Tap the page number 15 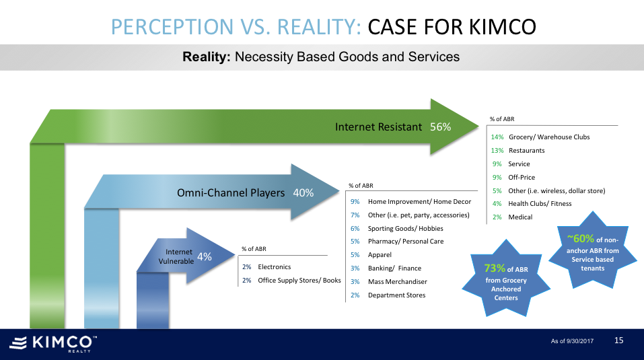(618, 340)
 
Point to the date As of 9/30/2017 (572, 341)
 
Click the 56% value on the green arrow (440, 127)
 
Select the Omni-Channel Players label (231, 193)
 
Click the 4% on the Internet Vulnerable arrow (205, 256)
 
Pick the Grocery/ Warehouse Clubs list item (549, 137)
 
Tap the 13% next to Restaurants (497, 151)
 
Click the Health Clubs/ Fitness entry (540, 204)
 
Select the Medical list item (520, 217)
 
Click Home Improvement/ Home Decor (419, 202)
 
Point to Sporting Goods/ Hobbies (405, 229)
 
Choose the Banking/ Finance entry (394, 268)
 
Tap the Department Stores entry (396, 295)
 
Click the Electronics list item (275, 267)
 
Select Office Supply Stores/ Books (299, 281)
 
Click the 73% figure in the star (495, 268)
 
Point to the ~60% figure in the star (581, 238)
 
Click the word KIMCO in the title (502, 27)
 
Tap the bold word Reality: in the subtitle (207, 57)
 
